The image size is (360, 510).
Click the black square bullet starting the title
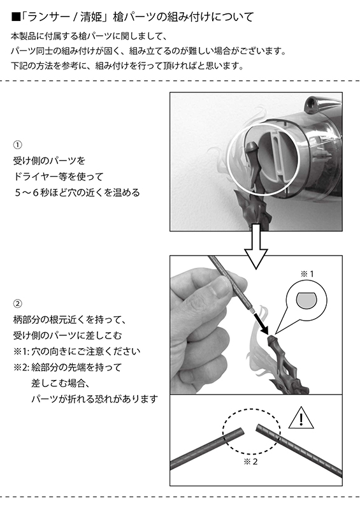click(15, 17)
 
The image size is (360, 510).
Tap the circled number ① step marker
click(17, 145)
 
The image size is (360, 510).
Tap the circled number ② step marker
click(17, 304)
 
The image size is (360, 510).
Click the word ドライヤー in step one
click(36, 177)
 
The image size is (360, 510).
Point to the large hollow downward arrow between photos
click(256, 246)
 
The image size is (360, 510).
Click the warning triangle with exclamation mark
click(301, 418)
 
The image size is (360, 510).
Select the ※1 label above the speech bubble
click(307, 274)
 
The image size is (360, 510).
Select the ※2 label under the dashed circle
click(250, 462)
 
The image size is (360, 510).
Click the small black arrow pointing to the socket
click(261, 323)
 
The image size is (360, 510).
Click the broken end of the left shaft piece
click(241, 432)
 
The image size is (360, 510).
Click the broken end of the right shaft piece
click(259, 428)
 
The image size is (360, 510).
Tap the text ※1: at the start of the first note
click(22, 351)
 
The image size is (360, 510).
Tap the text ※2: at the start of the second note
click(22, 367)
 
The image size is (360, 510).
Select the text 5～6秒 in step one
click(31, 193)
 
